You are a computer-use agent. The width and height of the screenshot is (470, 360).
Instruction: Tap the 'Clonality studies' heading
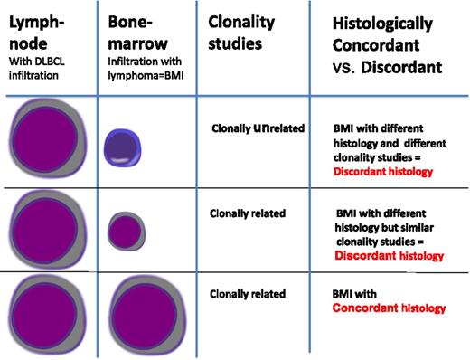point(240,33)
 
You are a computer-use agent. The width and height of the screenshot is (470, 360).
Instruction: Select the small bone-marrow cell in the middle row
point(124,230)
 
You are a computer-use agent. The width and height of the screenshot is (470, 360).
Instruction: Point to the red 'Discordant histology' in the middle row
point(390,256)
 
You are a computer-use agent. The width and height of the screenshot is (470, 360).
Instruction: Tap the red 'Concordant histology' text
point(390,308)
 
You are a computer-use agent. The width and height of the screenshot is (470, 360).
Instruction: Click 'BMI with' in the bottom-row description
point(354,294)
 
